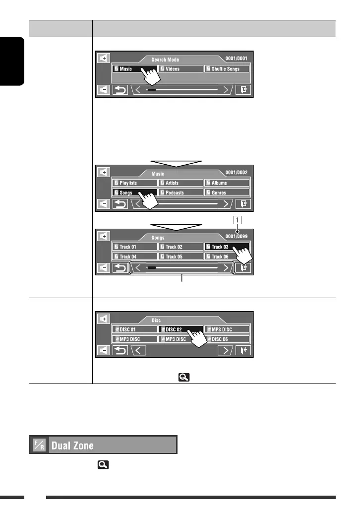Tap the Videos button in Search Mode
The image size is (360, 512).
(x=180, y=69)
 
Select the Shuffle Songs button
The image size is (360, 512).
(x=227, y=69)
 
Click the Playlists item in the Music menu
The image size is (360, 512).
(x=134, y=183)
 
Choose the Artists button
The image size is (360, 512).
(x=180, y=183)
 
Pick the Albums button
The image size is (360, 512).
(x=227, y=183)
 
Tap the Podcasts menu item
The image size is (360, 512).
(x=180, y=192)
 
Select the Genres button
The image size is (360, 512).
(x=227, y=192)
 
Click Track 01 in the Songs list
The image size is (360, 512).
(x=134, y=247)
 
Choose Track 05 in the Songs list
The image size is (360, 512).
(x=180, y=256)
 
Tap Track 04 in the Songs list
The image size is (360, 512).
(x=134, y=256)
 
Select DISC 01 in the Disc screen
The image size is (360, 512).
(x=134, y=329)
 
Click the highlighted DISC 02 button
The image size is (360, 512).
(x=180, y=329)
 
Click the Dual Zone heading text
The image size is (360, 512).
(x=73, y=445)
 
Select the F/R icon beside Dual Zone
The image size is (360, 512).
(x=39, y=445)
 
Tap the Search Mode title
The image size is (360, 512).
(x=166, y=60)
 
